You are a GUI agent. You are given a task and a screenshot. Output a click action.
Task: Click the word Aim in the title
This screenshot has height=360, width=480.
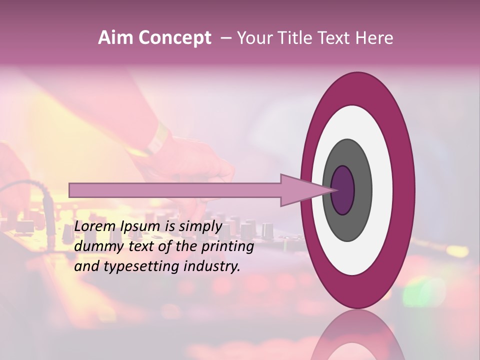116,38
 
